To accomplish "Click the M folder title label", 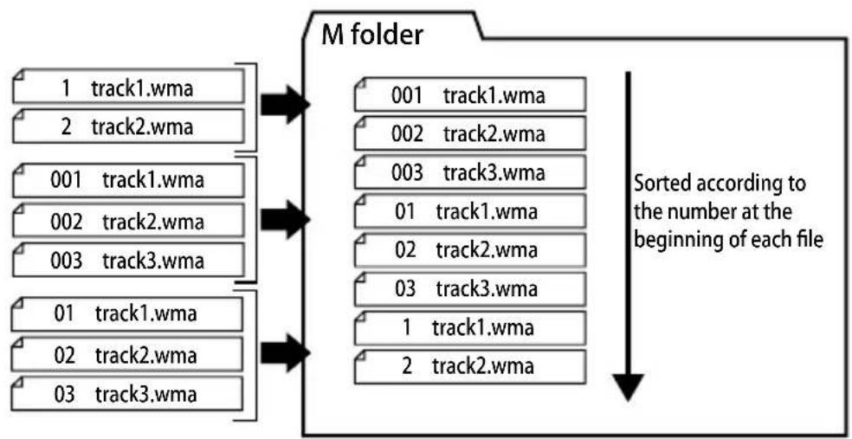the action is click(x=371, y=36).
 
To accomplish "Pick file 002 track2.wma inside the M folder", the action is click(x=469, y=133).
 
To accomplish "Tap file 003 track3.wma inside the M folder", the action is click(x=469, y=172).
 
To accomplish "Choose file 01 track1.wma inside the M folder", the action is click(x=469, y=210).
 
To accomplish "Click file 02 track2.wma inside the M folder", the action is click(x=469, y=250).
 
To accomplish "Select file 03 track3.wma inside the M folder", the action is click(x=469, y=288).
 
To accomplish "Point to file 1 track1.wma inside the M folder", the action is click(x=469, y=327).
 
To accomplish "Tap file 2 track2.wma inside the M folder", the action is click(x=469, y=366).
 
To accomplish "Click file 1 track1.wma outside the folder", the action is click(x=127, y=87).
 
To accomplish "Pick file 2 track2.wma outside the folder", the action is click(x=127, y=126).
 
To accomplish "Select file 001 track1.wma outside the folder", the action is click(x=127, y=180).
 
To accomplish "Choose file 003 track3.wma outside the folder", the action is click(x=127, y=261).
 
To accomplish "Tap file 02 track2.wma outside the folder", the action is click(x=127, y=354).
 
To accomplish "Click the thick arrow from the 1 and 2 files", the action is click(x=285, y=104).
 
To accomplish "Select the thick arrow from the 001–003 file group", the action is click(x=285, y=219).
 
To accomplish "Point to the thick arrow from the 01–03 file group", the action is click(x=285, y=353).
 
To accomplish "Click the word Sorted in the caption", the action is click(x=660, y=184).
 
